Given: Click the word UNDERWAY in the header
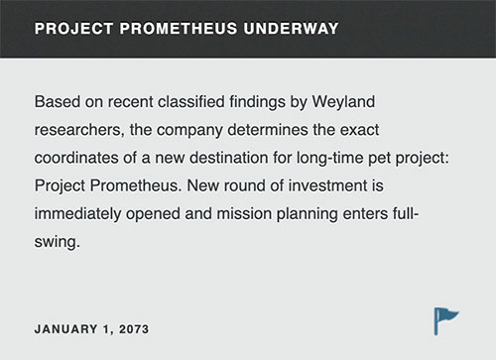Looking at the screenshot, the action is tap(291, 29).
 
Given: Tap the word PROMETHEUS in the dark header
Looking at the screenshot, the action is tap(179, 29).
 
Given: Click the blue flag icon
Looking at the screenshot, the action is tap(446, 321).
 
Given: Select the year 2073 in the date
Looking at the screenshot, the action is tap(134, 329).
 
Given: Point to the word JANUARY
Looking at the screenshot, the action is tap(65, 329).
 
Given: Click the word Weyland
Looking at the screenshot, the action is tap(343, 102).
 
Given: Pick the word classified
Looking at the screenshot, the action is tap(191, 101).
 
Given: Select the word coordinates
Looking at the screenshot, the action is tap(76, 158).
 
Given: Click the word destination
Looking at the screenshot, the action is tap(229, 158).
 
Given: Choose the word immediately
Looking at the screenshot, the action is tap(77, 214).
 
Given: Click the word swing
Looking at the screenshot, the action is tap(57, 243).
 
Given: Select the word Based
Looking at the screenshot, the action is tap(58, 101).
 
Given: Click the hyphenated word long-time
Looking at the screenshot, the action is tap(329, 159).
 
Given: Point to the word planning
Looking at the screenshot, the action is tap(308, 214).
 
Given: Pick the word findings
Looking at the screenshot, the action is tap(257, 102).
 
